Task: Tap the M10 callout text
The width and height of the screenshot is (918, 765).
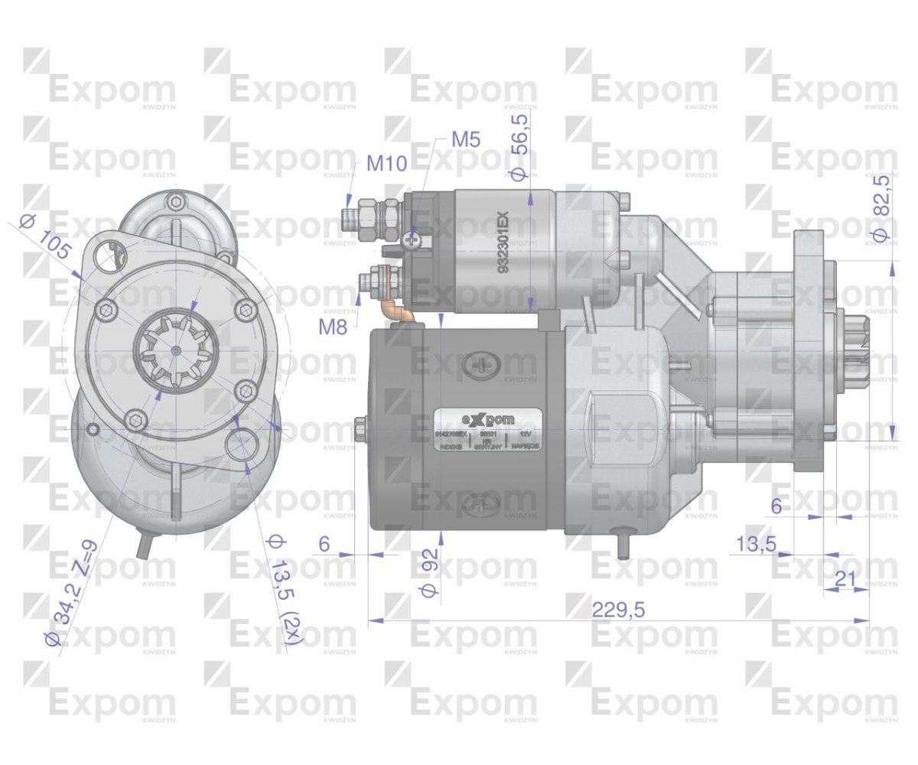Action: tap(386, 163)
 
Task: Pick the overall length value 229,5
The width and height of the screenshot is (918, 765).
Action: tap(618, 609)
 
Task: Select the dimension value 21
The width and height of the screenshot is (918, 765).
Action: tap(845, 579)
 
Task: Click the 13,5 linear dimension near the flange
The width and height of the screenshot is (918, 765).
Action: tap(756, 544)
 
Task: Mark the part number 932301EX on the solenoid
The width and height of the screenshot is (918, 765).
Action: tap(503, 243)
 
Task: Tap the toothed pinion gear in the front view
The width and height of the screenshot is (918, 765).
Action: tap(176, 351)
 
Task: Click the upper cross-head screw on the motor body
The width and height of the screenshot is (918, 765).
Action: tap(483, 366)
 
